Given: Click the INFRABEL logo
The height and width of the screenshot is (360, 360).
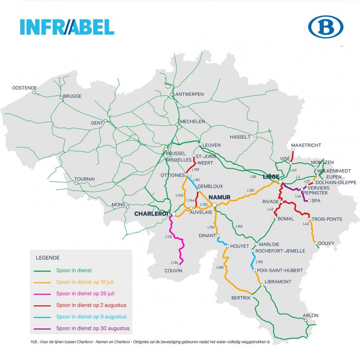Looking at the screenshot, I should pos(67,27).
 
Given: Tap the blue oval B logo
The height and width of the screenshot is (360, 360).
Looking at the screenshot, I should pos(325,27).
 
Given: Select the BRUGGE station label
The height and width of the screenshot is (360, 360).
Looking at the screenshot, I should pos(72,97).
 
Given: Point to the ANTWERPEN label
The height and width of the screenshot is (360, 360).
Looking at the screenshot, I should pos(189,94).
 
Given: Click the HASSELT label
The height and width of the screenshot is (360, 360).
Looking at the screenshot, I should pos(240,137).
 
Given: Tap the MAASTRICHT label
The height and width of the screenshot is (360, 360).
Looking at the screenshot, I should pos(306,145).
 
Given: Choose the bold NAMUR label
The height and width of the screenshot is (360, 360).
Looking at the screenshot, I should pos(220,198).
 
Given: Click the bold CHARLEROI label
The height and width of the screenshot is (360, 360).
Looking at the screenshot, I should pos(151,214).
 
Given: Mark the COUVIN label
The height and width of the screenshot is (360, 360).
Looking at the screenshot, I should pos(173,271).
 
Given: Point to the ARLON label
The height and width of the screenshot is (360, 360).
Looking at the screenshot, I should pos(311,315).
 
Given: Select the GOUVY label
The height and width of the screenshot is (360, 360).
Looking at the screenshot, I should pos(326,243).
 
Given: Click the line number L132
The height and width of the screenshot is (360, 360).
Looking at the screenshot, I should pos(169,237).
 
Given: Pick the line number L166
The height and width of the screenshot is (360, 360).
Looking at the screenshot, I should pos(220,268).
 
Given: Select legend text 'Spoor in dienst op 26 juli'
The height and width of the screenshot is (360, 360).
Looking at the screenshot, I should pos(85,293).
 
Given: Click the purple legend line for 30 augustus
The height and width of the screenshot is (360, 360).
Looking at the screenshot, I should pos(44,328).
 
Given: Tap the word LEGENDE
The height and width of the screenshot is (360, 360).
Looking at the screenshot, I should pos(48,258).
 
